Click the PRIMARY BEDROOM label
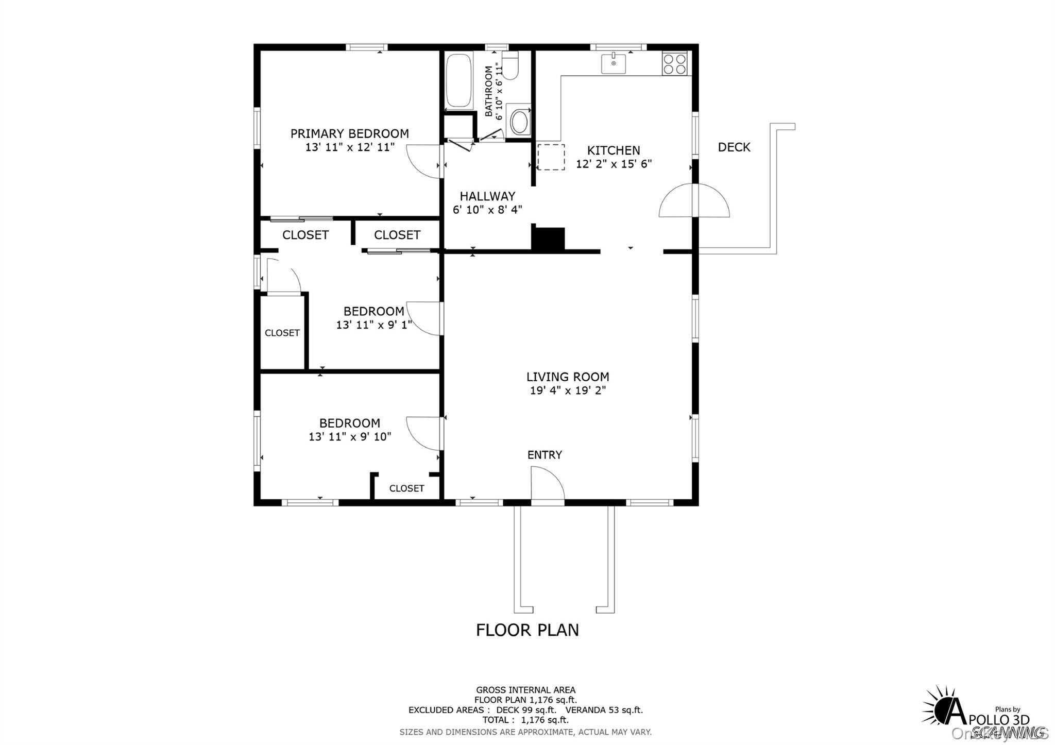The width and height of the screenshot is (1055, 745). (x=349, y=134)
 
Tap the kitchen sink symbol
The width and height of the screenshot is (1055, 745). (x=614, y=64)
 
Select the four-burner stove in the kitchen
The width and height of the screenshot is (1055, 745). (x=674, y=64)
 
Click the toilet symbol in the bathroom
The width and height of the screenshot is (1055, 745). (x=510, y=66)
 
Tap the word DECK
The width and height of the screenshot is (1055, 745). (x=734, y=147)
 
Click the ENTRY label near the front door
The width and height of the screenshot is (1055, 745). (x=544, y=455)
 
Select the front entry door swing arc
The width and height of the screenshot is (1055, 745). (x=547, y=483)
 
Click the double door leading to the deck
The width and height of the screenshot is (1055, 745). (x=694, y=201)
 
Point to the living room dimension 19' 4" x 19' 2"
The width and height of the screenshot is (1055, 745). (x=567, y=391)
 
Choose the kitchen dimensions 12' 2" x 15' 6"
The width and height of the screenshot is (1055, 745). (x=614, y=164)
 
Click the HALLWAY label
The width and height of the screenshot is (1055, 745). (x=487, y=196)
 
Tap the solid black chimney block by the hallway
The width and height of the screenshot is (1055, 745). (x=548, y=239)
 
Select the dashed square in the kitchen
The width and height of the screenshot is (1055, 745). (x=551, y=157)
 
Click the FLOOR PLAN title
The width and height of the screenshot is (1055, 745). (x=527, y=630)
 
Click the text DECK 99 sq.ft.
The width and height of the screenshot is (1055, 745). (x=526, y=710)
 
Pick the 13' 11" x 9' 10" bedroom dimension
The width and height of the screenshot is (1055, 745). (x=349, y=437)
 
